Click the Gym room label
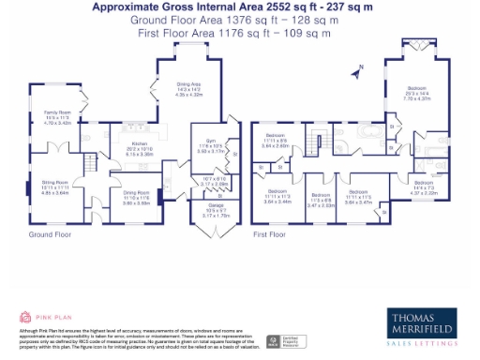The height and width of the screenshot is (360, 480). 209,145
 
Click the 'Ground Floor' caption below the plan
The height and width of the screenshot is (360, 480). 47,233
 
